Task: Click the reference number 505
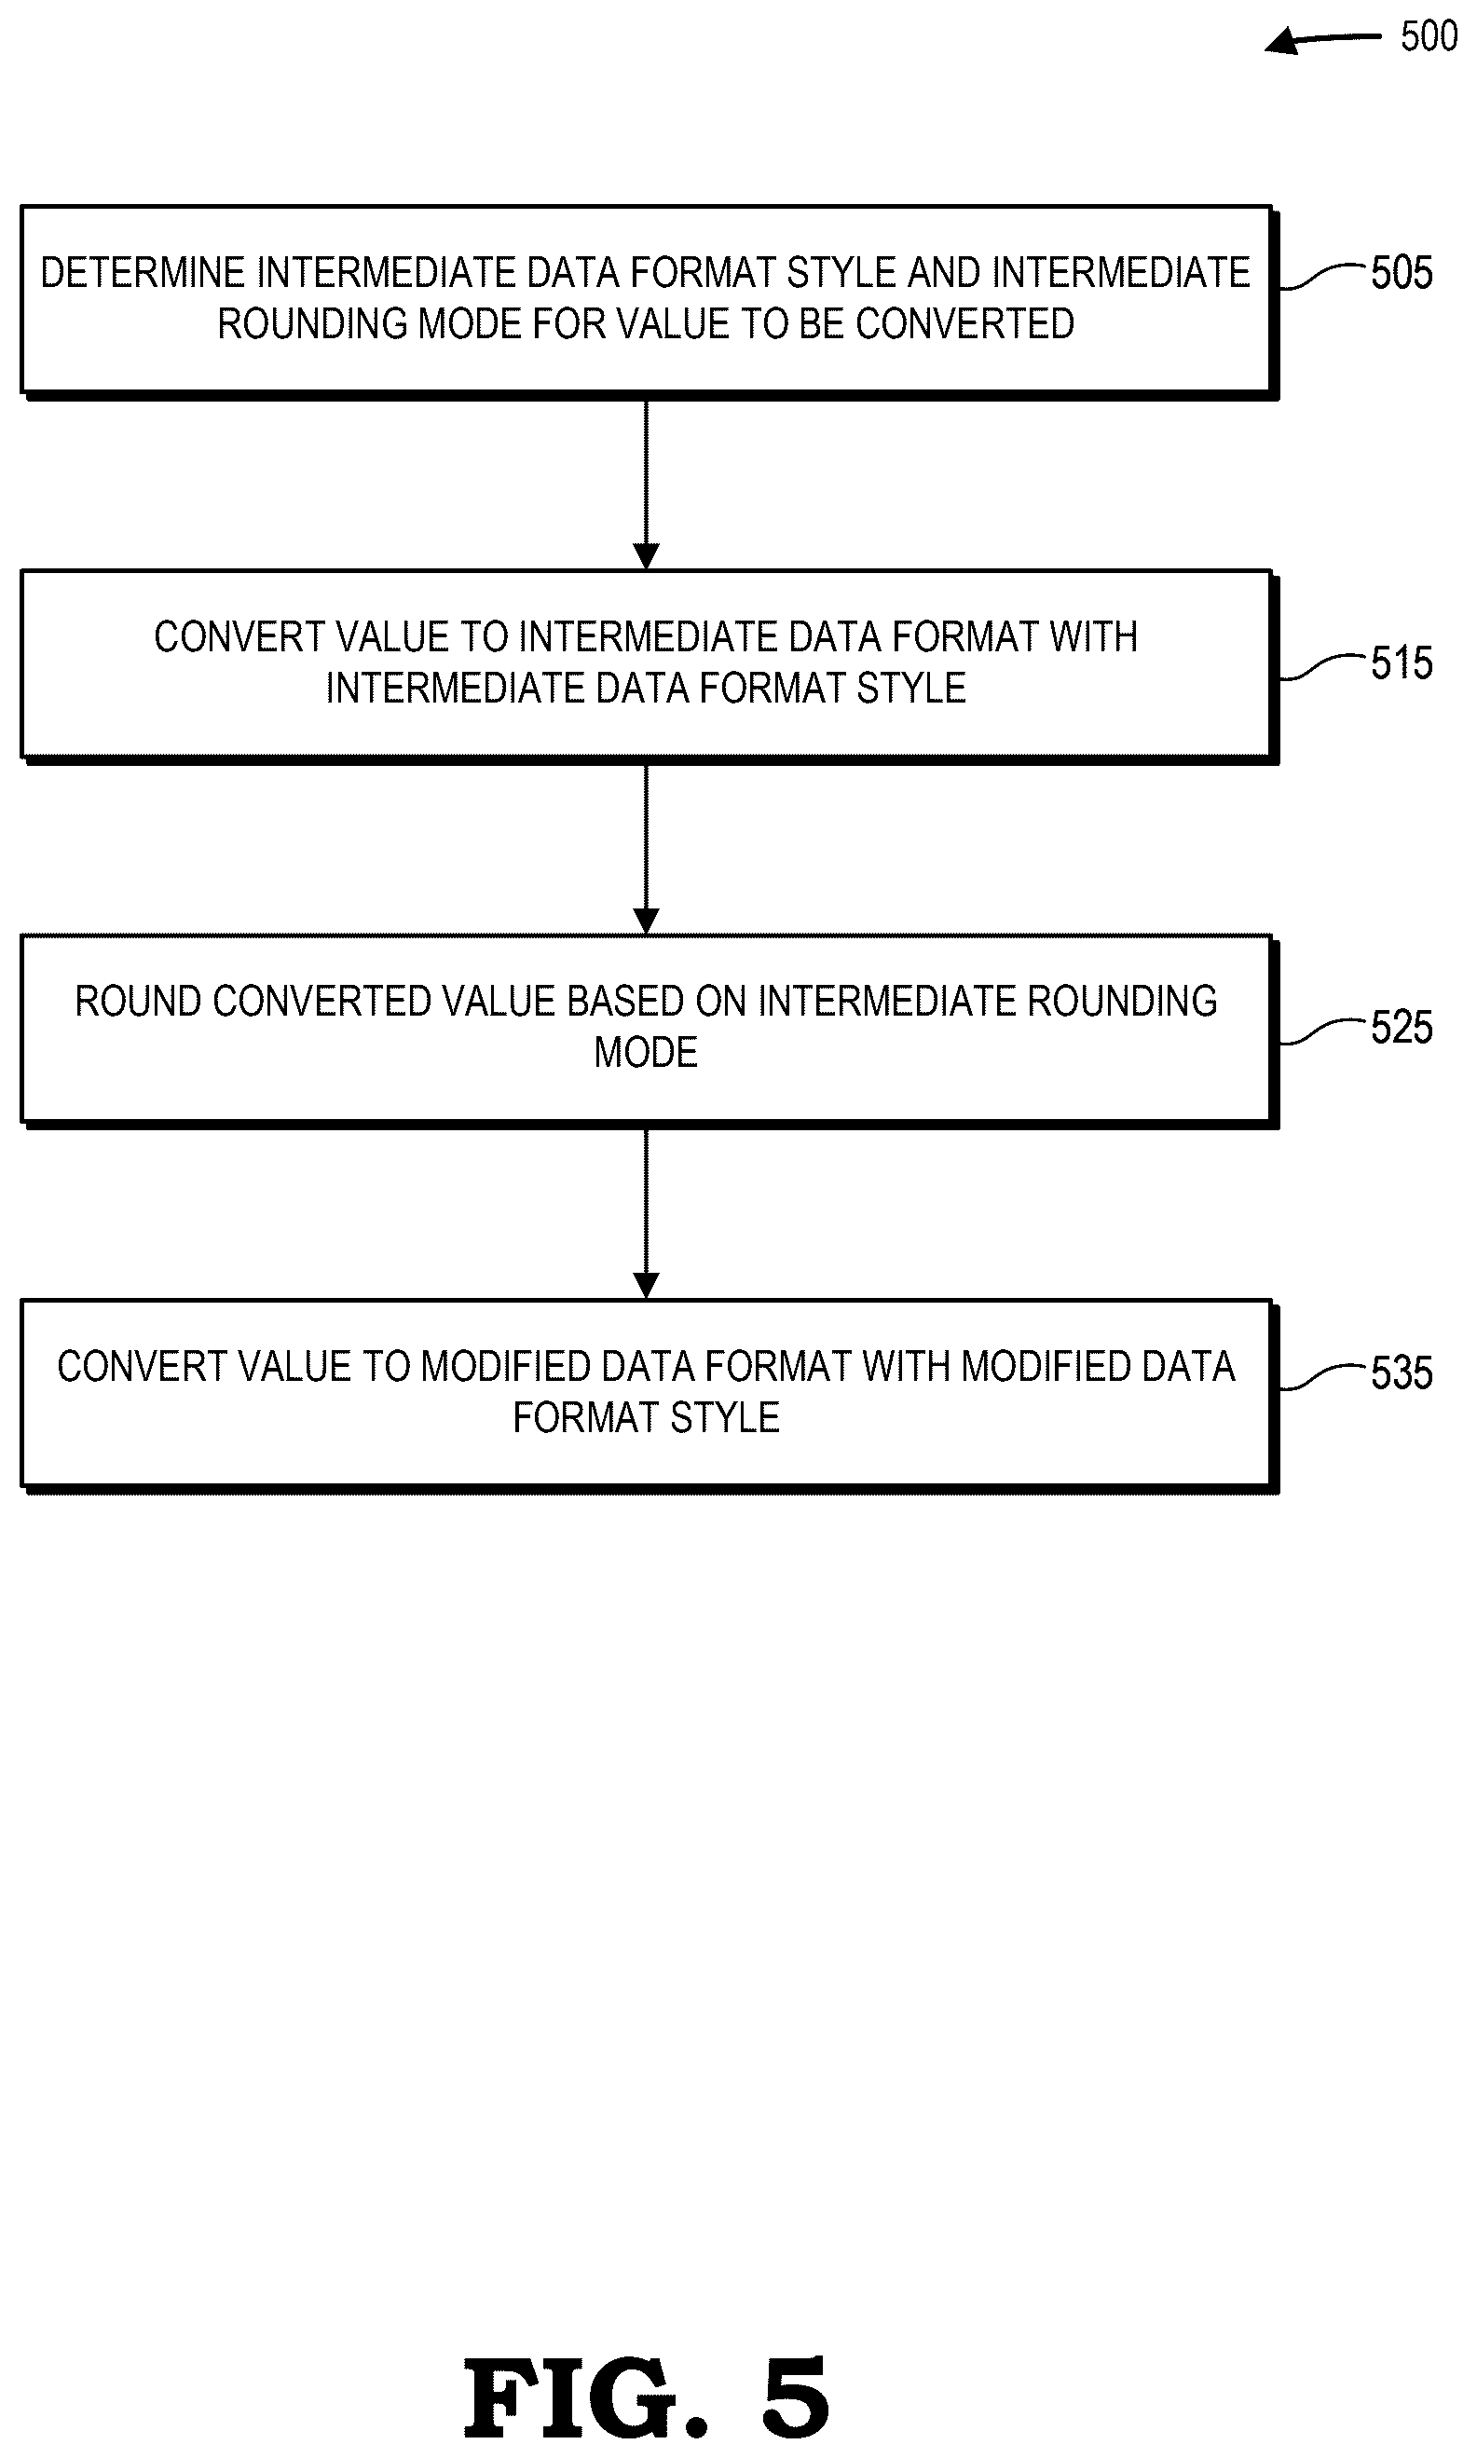pyautogui.click(x=1402, y=273)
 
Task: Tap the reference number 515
pyautogui.click(x=1402, y=662)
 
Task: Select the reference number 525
pyautogui.click(x=1402, y=1027)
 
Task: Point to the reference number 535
pyautogui.click(x=1402, y=1372)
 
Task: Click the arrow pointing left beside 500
pyautogui.click(x=1322, y=40)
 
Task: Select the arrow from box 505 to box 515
pyautogui.click(x=646, y=485)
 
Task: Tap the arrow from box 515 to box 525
pyautogui.click(x=646, y=849)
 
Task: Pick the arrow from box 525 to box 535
pyautogui.click(x=646, y=1214)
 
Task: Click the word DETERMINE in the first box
pyautogui.click(x=143, y=273)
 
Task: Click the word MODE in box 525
pyautogui.click(x=646, y=1052)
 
